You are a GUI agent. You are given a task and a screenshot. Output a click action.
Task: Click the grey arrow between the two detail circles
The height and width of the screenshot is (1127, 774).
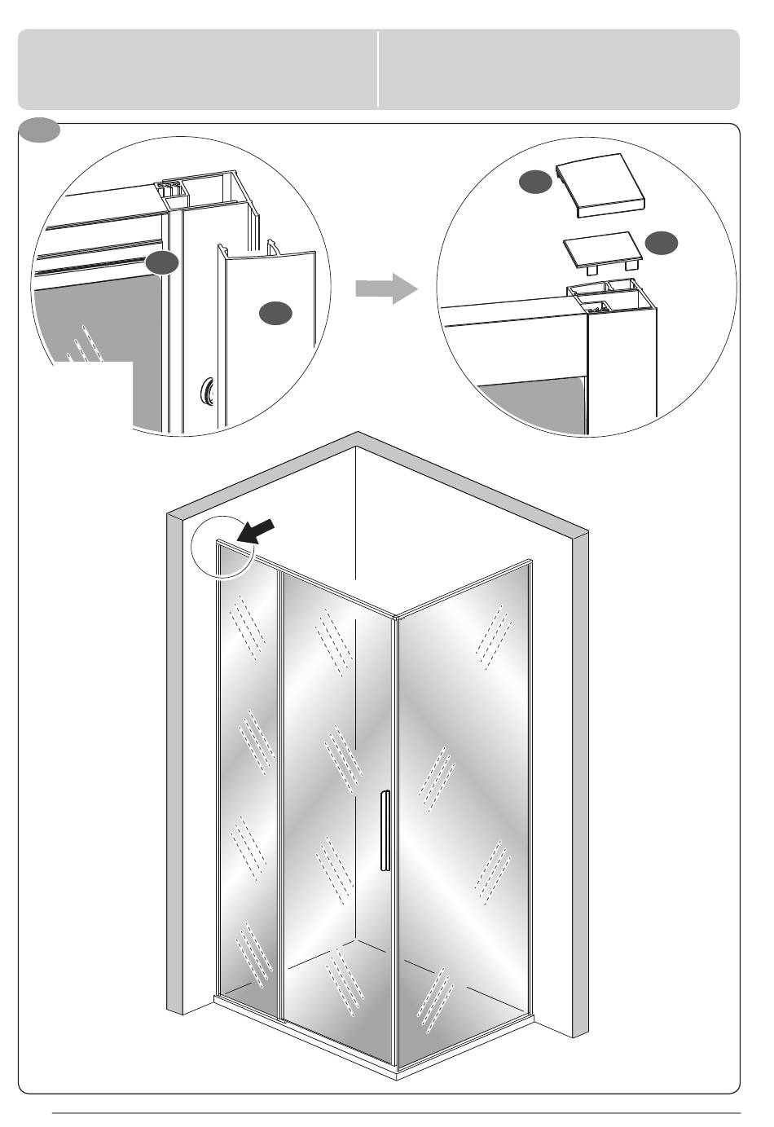coord(386,288)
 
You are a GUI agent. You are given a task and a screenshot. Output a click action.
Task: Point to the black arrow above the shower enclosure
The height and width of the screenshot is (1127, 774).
coord(254,531)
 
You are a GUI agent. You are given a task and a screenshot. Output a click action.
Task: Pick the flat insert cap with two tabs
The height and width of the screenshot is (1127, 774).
coord(602,252)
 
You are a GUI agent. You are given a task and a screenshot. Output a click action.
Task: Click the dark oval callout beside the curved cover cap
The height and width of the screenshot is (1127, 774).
coord(535,183)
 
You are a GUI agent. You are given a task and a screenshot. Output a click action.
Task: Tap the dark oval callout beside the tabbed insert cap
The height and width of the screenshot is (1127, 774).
coord(661,242)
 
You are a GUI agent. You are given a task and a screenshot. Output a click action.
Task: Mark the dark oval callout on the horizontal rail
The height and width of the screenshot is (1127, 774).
coord(161,262)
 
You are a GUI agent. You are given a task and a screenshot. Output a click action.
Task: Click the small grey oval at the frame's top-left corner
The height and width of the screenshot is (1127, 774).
coord(39,130)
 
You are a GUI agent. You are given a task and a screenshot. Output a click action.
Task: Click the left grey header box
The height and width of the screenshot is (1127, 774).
coord(197,69)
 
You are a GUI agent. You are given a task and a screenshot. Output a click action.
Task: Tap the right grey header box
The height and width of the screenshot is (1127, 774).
coord(559,69)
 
